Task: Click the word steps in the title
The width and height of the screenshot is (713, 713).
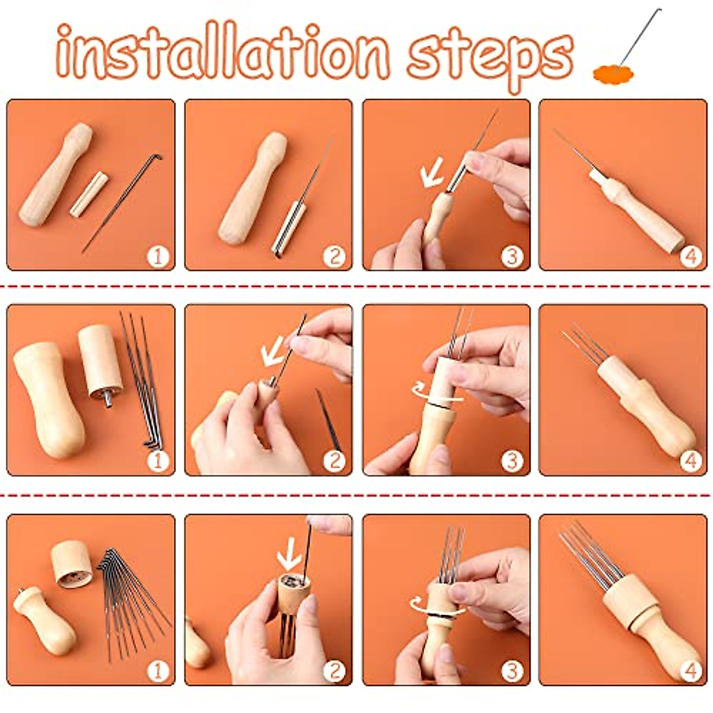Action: click(490, 55)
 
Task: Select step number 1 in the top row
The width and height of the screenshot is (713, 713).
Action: click(158, 257)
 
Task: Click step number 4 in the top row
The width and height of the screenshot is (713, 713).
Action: click(690, 257)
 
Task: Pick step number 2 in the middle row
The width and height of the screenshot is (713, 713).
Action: click(335, 460)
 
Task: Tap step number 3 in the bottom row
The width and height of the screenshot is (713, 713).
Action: click(512, 671)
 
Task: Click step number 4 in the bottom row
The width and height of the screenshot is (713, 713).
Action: click(690, 671)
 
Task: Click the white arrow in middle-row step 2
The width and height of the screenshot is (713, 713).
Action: click(273, 355)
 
